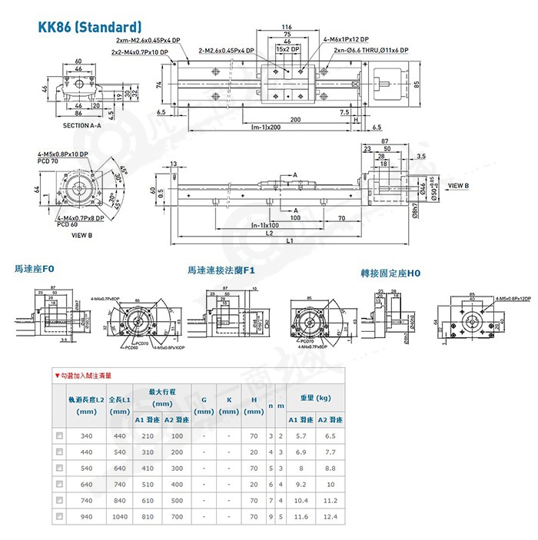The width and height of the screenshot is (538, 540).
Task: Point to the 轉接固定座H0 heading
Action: point(391,272)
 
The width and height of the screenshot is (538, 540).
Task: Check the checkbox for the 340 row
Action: point(59,436)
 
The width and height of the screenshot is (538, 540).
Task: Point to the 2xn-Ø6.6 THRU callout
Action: point(371,49)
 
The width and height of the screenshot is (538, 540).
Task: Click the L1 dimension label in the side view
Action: point(289,241)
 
